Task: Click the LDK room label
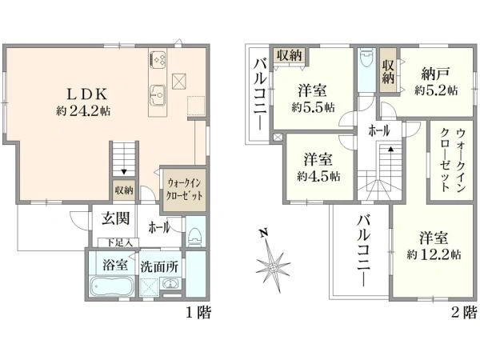coord(87,94)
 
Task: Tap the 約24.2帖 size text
coord(83,111)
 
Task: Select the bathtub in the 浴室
coord(113,286)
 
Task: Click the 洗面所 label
coord(159,267)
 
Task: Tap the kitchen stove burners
coord(158,59)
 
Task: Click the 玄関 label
coord(115,218)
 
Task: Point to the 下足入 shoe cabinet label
coord(119,243)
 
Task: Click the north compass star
coord(273,266)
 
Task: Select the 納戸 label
coord(435,74)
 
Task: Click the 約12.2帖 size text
coord(434,254)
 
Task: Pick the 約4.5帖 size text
coord(318,176)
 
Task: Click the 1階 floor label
coord(198,313)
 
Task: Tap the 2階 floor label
coord(464,313)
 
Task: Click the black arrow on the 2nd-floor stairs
coord(390,149)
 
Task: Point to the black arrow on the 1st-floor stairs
coord(124,171)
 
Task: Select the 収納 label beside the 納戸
coord(388,72)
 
